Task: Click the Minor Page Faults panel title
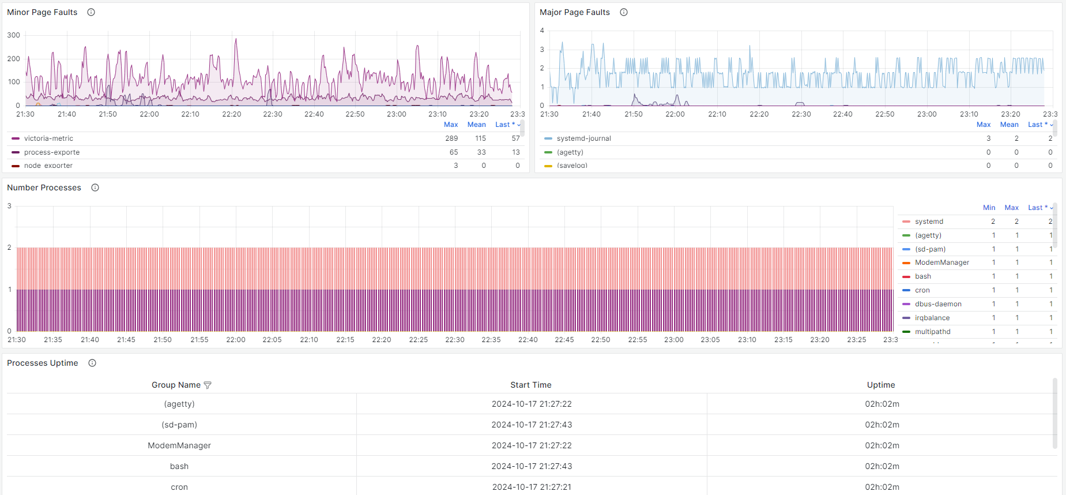[42, 12]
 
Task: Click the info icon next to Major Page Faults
[624, 12]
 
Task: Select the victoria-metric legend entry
[48, 138]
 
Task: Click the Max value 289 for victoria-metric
[451, 138]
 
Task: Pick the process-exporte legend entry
[52, 152]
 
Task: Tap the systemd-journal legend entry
[583, 138]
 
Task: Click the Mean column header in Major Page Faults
[1009, 125]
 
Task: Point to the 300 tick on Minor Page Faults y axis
[14, 35]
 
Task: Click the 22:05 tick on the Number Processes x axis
[272, 340]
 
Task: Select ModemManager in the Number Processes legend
[941, 262]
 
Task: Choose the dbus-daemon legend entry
[938, 304]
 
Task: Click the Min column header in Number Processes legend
[989, 208]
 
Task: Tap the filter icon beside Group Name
[208, 385]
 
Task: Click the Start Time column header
[530, 385]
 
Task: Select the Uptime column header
[881, 385]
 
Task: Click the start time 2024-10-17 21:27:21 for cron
[532, 487]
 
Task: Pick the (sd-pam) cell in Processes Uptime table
[179, 425]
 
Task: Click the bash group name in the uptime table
[179, 466]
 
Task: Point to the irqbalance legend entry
[932, 318]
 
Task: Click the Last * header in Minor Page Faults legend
[504, 125]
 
